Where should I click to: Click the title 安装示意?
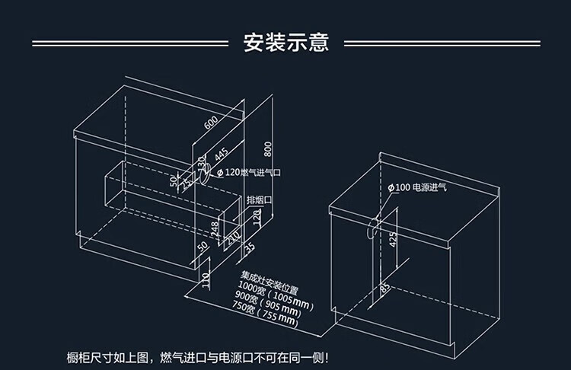tap(285, 41)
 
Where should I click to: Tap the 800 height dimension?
tap(267, 148)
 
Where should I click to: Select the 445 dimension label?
tap(220, 156)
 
